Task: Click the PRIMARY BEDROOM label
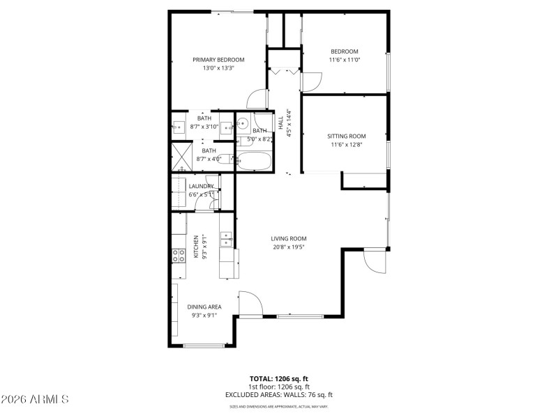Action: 218,60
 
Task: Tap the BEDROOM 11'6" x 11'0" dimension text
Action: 344,60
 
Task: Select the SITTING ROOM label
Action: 347,136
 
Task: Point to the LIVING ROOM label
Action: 289,238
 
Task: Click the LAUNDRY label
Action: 201,186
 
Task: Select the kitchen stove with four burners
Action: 179,256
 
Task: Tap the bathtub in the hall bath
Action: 254,162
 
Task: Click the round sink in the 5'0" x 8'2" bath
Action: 243,125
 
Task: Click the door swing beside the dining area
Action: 250,302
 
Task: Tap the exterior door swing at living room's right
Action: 375,263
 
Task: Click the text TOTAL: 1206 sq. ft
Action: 279,378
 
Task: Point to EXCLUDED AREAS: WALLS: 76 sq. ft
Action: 279,394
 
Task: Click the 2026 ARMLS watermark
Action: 35,400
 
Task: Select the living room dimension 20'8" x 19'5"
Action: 289,247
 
